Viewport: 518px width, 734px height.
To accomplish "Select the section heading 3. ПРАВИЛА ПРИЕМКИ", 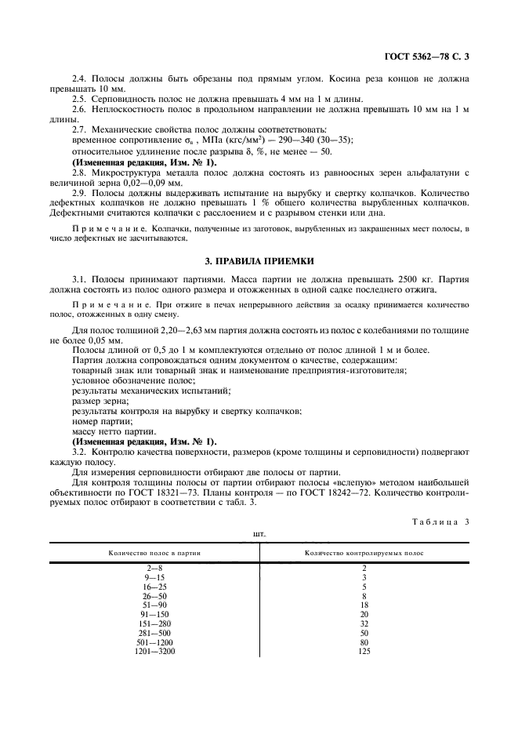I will point(259,258).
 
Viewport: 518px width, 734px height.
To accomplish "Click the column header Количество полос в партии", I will point(154,553).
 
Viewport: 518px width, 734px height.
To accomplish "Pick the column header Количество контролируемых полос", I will point(364,553).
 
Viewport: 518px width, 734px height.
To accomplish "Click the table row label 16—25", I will point(154,586).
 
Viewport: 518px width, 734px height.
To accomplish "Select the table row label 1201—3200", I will point(154,651).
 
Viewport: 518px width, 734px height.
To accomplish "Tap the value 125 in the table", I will point(364,651).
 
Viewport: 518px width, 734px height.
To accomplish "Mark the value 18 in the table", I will point(364,605).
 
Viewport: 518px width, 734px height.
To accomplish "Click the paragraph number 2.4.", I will point(80,79).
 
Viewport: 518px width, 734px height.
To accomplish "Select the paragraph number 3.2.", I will point(80,452).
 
